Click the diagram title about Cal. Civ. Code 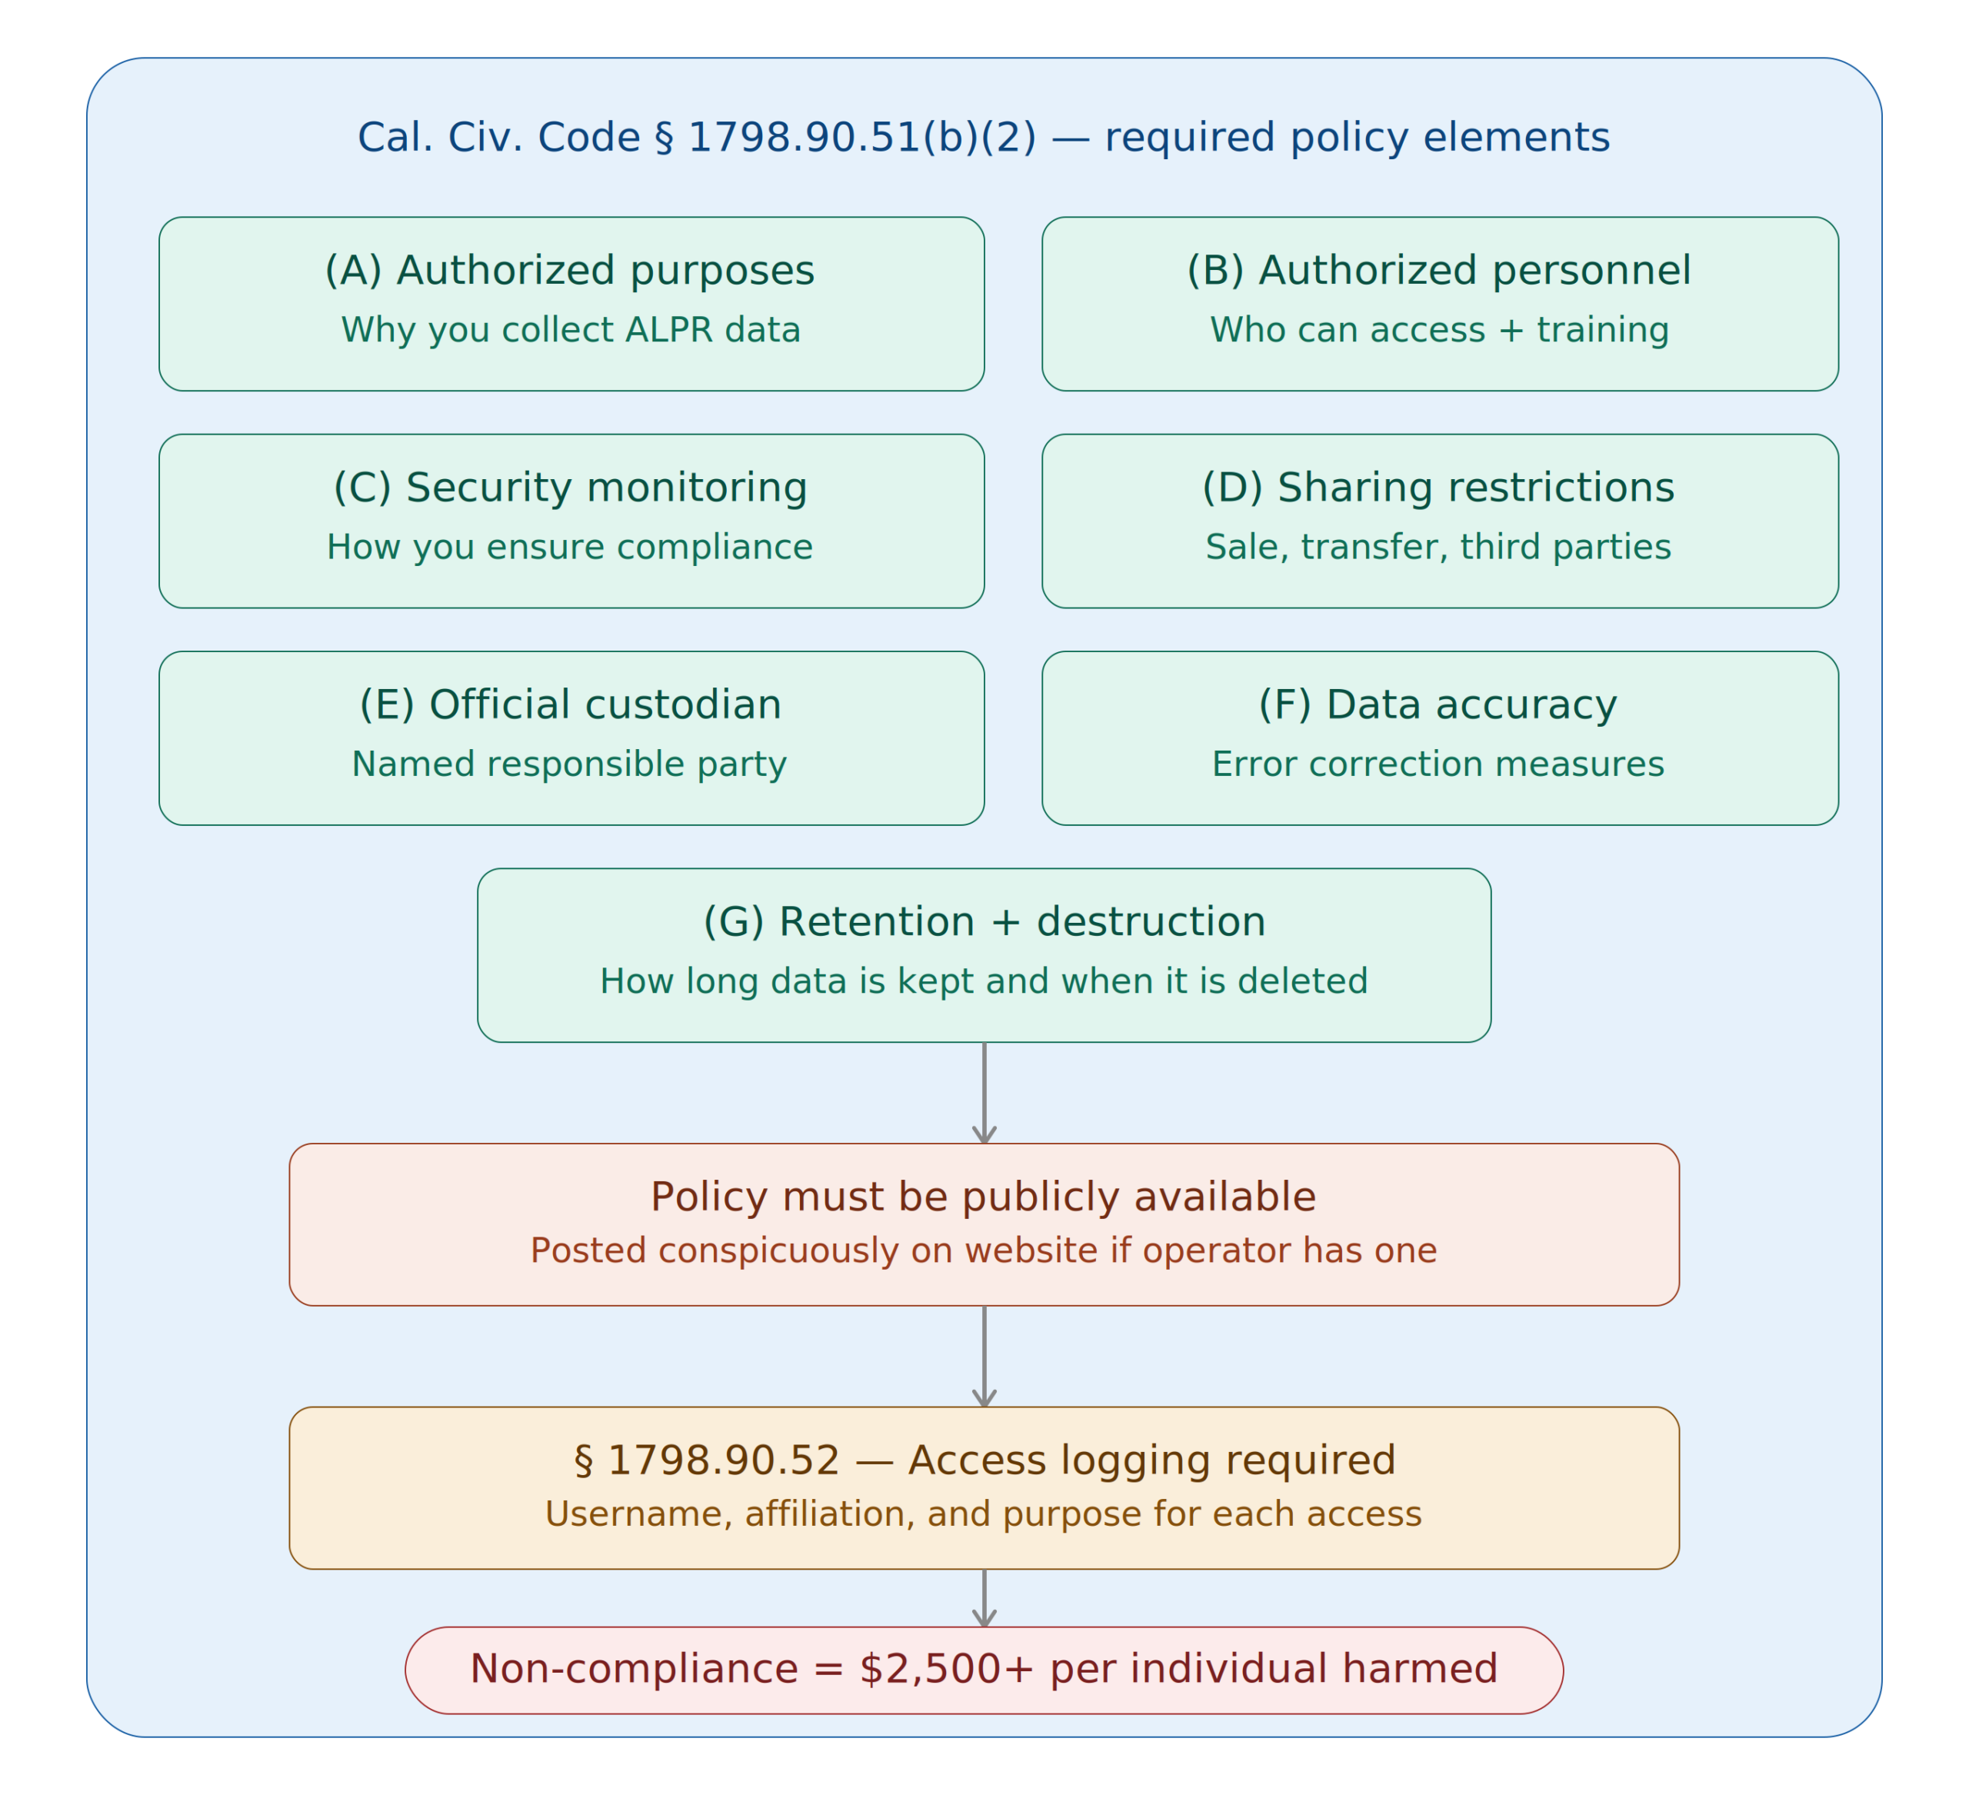click(x=984, y=138)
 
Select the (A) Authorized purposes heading click(x=569, y=271)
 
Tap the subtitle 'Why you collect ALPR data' click(x=571, y=330)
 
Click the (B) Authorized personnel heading click(x=1438, y=271)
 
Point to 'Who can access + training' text click(x=1438, y=330)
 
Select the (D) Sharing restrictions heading click(x=1438, y=488)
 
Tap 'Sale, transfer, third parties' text click(x=1438, y=547)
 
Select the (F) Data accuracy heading click(x=1438, y=704)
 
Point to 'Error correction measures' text click(x=1438, y=764)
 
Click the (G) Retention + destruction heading click(x=984, y=922)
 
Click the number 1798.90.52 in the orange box click(x=723, y=1461)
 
